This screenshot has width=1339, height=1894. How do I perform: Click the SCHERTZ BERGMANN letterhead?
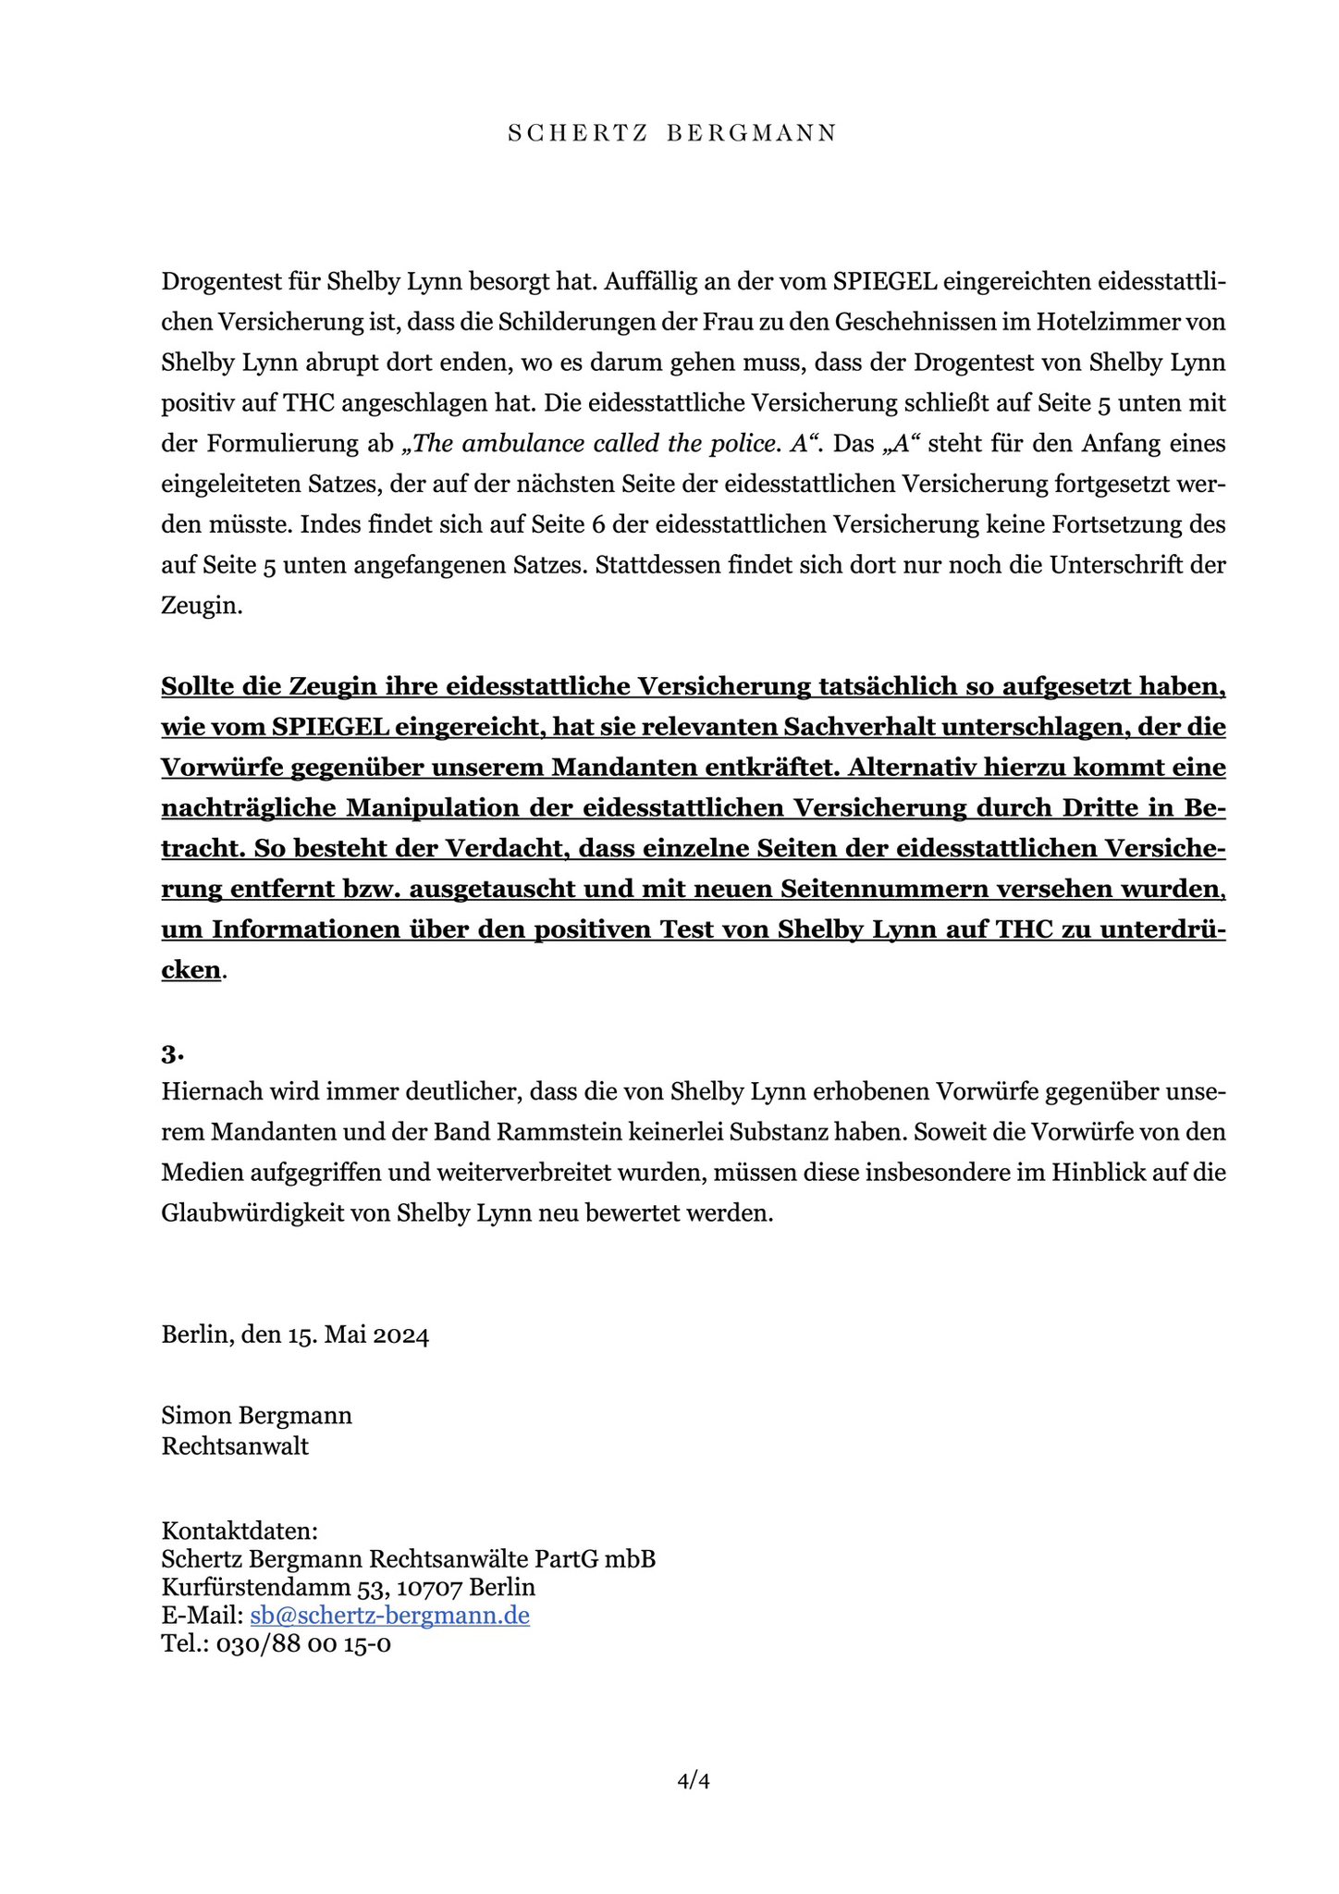coord(672,133)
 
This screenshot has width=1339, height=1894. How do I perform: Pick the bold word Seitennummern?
coord(888,889)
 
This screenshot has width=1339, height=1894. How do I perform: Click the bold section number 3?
coord(172,1053)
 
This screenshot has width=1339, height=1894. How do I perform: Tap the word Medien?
coord(196,1173)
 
